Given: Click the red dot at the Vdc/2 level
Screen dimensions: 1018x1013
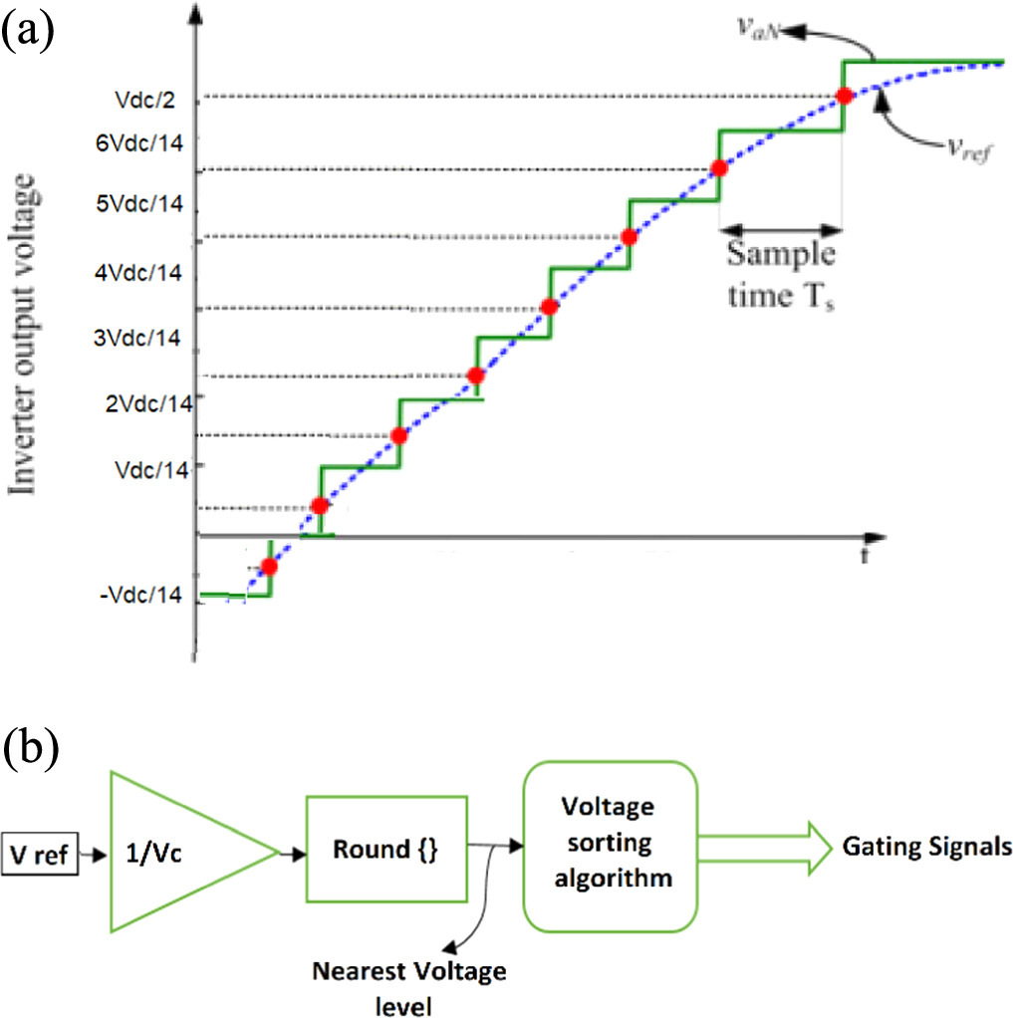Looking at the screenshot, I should tap(844, 97).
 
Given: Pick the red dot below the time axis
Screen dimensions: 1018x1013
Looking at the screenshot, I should tap(268, 567).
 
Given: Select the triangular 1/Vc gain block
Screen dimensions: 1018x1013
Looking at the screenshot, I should tap(174, 852).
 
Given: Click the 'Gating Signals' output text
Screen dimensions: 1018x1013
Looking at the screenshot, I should tap(926, 847).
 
